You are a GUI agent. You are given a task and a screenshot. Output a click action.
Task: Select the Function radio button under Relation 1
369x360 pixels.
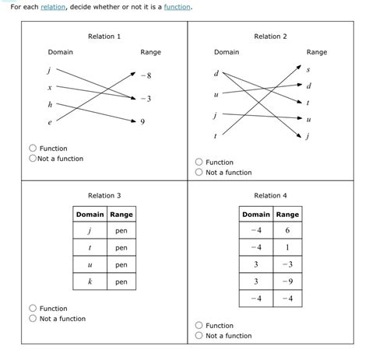point(33,149)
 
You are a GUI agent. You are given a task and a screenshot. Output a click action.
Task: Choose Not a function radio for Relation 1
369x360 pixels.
point(33,159)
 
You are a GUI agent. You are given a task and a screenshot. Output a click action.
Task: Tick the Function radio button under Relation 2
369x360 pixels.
point(199,163)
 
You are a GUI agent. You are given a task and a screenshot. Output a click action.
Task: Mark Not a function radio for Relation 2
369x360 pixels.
point(199,173)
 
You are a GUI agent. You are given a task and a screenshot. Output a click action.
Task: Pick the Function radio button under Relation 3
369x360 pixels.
point(33,309)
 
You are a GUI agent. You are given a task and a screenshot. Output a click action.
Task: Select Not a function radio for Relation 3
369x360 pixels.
point(33,319)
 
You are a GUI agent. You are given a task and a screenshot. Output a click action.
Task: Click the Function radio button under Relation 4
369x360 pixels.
point(199,326)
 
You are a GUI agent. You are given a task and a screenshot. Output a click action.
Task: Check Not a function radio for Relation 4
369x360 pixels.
point(199,336)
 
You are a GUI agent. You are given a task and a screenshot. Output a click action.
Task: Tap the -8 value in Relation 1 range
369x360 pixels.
point(147,75)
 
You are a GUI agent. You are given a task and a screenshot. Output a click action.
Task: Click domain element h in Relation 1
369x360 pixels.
point(51,104)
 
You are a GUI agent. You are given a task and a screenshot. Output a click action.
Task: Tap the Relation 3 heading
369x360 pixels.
point(104,196)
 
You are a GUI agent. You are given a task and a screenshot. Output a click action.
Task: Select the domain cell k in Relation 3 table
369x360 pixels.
point(90,282)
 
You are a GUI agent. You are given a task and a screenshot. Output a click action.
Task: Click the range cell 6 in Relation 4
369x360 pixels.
point(287,231)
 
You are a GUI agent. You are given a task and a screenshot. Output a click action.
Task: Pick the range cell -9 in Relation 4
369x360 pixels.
point(287,282)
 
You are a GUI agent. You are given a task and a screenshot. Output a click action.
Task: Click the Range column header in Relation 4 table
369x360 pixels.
point(287,215)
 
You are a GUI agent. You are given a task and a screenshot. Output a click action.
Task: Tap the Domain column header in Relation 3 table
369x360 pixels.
point(90,215)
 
